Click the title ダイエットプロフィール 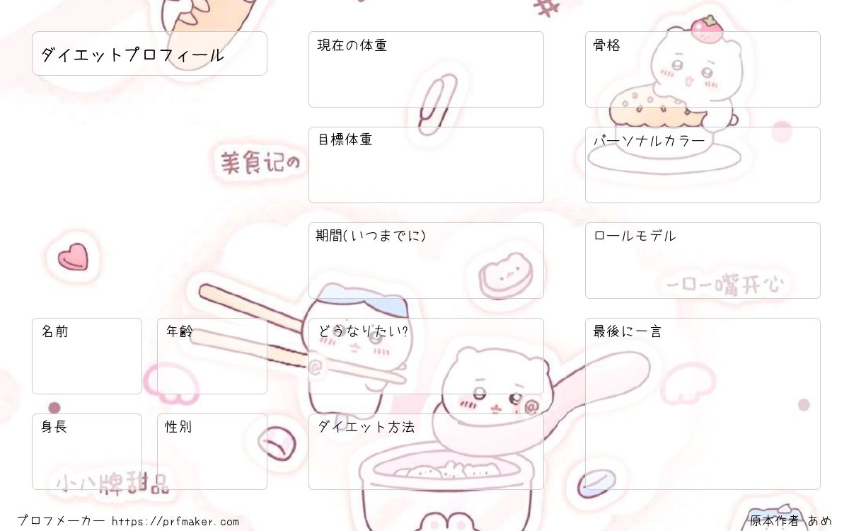[132, 55]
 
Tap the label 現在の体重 [352, 45]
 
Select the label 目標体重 [345, 139]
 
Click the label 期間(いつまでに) [371, 236]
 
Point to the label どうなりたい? [363, 331]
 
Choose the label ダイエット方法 [366, 427]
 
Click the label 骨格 [606, 45]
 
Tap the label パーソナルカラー [649, 141]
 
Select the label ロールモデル [635, 236]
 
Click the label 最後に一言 [628, 331]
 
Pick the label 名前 [55, 331]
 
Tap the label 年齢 [179, 331]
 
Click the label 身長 [54, 427]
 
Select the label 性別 [178, 427]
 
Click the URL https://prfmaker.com [175, 522]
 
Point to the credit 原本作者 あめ [791, 521]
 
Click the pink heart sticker [73, 257]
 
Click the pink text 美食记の [261, 162]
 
